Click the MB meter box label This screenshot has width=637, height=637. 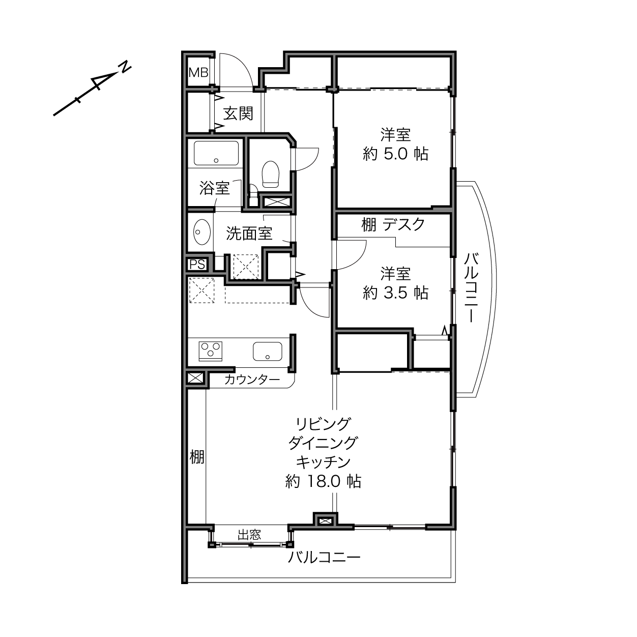[198, 72]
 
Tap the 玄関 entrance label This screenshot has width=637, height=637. [238, 114]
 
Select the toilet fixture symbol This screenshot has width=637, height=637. [270, 174]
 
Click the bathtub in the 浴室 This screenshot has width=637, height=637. [216, 153]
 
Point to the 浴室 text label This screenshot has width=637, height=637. [214, 188]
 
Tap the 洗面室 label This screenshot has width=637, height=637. [249, 234]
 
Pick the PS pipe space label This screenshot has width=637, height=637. [197, 265]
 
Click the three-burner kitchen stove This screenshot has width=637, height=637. [211, 351]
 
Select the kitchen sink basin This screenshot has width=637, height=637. [268, 351]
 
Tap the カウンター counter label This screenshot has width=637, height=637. [252, 380]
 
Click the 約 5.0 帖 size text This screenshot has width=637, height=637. [395, 154]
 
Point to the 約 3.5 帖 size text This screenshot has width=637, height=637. [395, 293]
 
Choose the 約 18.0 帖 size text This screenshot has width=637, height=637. [323, 482]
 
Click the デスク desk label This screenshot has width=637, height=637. [403, 224]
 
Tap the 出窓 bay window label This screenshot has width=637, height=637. [249, 535]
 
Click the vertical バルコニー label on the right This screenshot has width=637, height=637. [471, 287]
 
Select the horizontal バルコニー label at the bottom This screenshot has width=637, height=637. [324, 558]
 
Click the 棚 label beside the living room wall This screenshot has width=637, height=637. [197, 457]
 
